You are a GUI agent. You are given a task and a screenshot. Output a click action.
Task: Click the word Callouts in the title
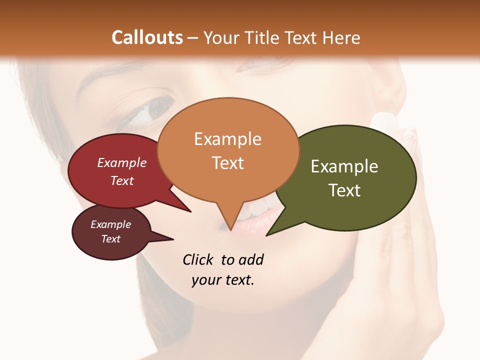point(147,37)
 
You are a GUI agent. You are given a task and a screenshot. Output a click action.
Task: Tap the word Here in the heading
point(342,37)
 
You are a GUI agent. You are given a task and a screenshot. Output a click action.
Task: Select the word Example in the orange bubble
point(227,139)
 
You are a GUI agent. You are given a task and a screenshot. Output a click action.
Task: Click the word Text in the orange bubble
point(227,163)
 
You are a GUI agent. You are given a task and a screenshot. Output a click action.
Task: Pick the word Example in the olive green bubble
point(344,166)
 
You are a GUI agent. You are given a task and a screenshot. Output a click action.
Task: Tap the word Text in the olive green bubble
point(344,190)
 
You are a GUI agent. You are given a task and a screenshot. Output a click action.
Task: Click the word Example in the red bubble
point(122,162)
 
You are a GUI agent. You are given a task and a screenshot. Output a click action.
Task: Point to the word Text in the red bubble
point(122,180)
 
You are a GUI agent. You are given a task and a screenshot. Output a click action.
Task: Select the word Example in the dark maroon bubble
point(110,224)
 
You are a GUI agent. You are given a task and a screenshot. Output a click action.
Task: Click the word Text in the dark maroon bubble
point(110,239)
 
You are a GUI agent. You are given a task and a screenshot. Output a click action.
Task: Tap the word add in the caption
point(250,259)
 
